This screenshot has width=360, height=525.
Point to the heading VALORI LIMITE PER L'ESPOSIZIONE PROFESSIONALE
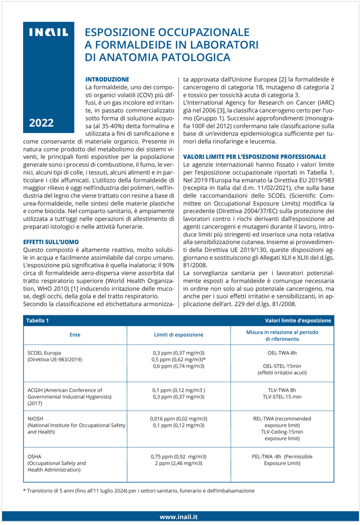254,156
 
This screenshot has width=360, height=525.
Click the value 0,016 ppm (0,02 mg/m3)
178,404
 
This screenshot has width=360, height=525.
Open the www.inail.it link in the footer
179,517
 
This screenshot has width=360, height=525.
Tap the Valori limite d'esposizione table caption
298,320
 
